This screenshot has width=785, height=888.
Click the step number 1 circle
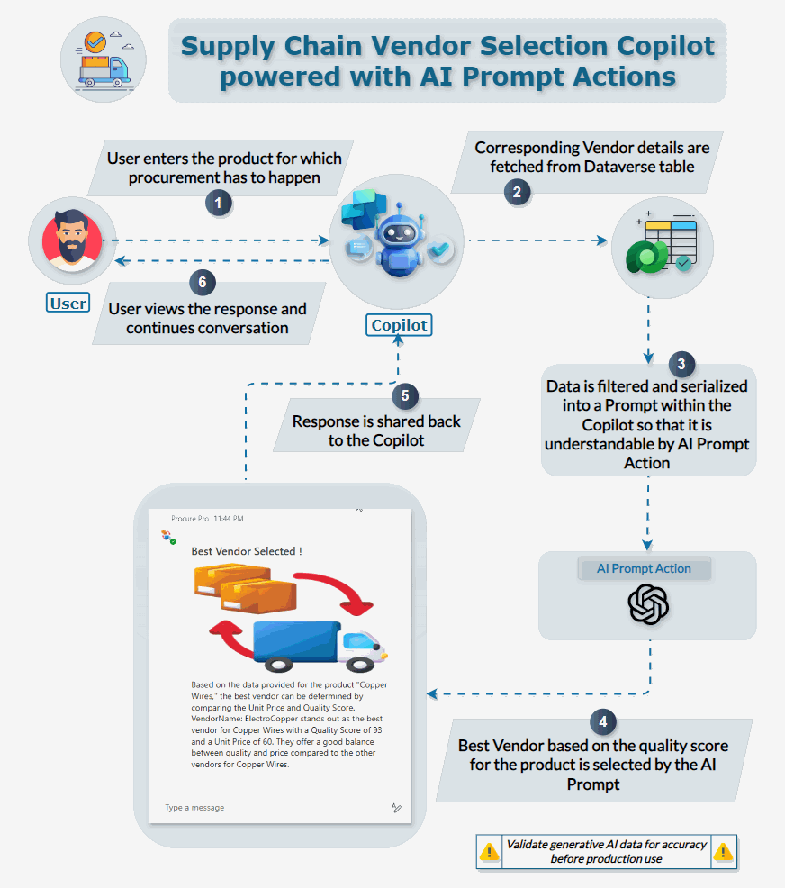219,204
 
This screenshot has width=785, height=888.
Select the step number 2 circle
516,190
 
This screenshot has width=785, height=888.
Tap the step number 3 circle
681,364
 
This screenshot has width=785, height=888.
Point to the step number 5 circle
406,394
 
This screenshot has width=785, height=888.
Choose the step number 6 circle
203,282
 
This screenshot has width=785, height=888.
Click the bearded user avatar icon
73,240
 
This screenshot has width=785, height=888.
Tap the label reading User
68,303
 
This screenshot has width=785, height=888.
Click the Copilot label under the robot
399,324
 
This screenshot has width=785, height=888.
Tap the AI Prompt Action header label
644,569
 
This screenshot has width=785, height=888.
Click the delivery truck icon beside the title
104,59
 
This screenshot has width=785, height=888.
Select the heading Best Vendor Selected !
247,550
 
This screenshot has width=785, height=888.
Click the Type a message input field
270,808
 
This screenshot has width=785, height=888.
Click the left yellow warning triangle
489,851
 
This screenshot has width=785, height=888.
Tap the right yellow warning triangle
723,851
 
